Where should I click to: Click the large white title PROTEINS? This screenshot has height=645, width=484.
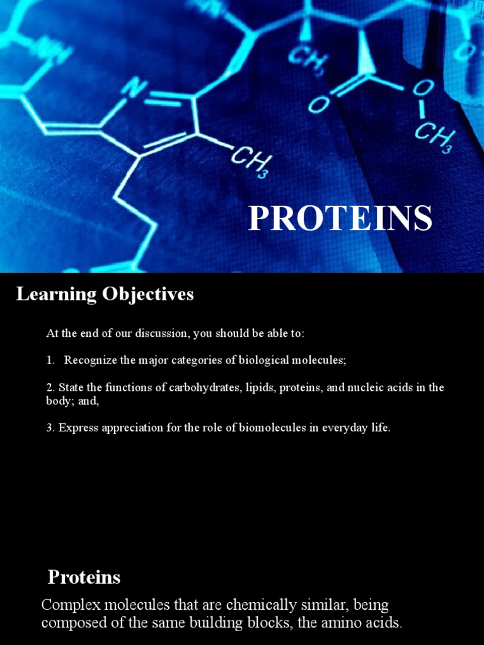[x=340, y=219]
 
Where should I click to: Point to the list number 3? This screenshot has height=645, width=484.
[x=50, y=428]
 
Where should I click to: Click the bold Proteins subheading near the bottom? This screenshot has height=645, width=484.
[x=84, y=577]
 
